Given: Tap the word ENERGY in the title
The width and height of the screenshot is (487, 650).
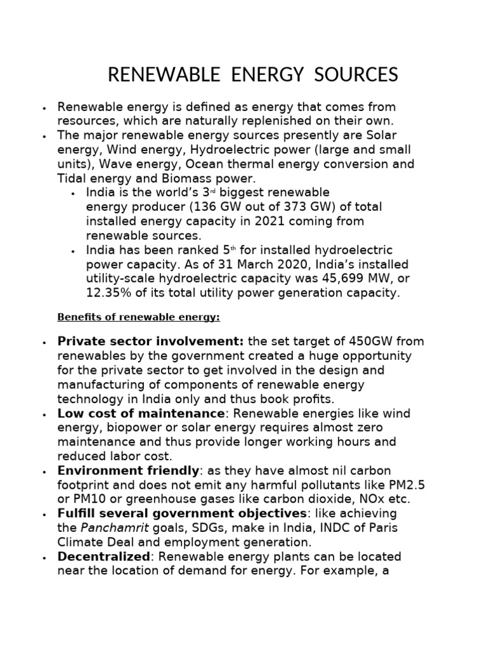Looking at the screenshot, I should [x=257, y=75].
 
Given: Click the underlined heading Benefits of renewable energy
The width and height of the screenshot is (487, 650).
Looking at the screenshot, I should [x=139, y=317].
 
